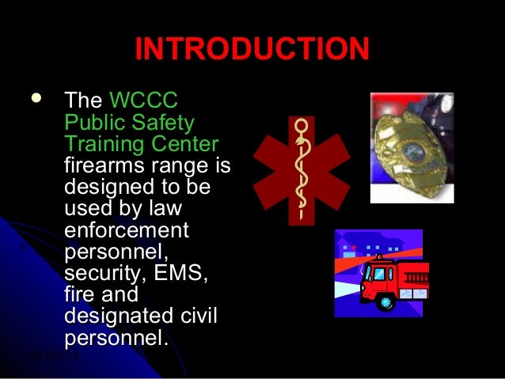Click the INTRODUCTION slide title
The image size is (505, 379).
coord(252,49)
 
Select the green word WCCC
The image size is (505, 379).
coord(142,102)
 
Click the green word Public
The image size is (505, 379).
coord(89,123)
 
